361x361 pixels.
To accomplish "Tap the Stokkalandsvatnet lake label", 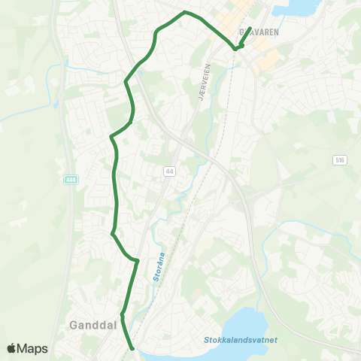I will tap(240, 340).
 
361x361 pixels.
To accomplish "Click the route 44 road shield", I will tap(169, 172).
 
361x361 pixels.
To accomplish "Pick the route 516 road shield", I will tap(340, 160).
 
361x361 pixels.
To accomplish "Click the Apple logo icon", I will tap(12, 348).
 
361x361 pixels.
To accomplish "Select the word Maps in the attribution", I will tap(33, 348).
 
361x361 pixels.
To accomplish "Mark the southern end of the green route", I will tap(132, 348).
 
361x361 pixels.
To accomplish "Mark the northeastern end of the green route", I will tap(250, 29).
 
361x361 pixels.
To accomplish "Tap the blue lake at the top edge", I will tap(293, 8).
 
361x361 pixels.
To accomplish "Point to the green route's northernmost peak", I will tap(185, 12).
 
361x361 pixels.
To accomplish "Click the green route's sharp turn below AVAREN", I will tap(235, 48).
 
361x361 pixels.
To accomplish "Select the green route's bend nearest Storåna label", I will tap(138, 261).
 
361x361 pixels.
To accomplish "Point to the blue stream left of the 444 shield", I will tap(54, 83).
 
